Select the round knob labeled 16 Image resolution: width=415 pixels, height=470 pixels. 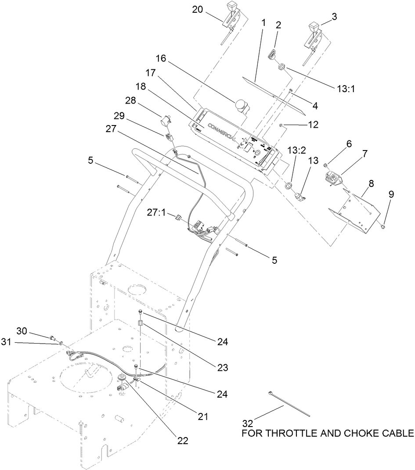[241, 105]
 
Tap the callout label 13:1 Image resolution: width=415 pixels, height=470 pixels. [346, 88]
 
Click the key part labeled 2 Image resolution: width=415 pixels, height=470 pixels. [272, 55]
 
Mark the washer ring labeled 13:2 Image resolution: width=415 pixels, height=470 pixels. [289, 185]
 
